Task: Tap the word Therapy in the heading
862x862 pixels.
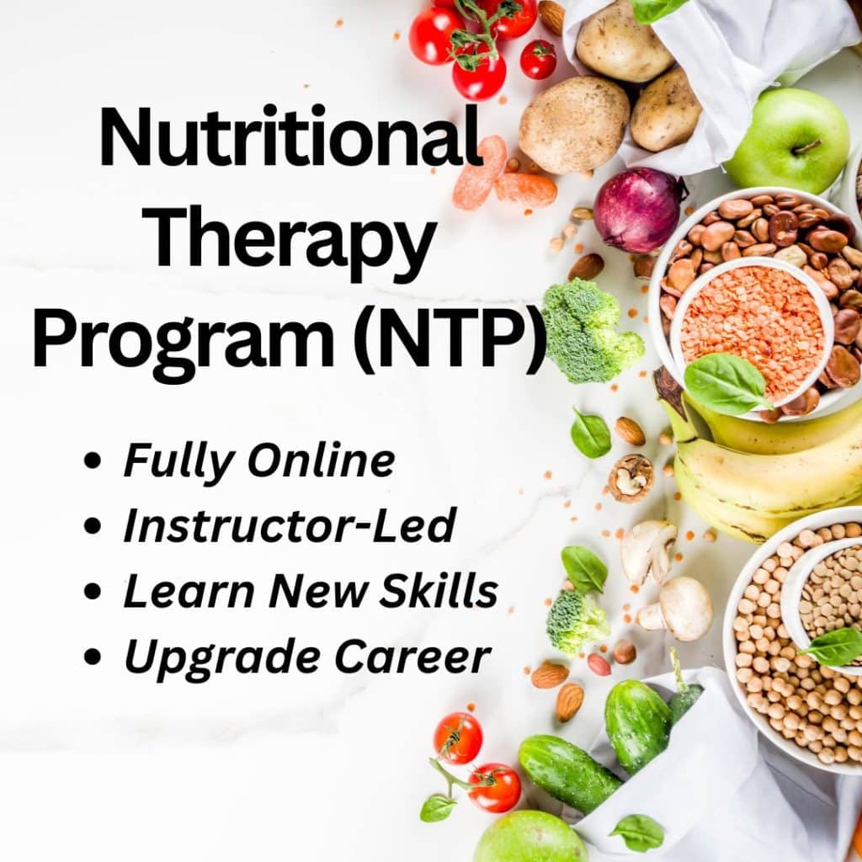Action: coord(290,236)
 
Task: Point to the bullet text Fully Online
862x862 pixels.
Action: coord(258,460)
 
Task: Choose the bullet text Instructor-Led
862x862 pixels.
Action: coord(290,526)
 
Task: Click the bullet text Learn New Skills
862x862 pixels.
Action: coord(311,592)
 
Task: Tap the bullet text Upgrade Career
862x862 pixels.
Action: coord(306,657)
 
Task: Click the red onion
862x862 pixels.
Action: coord(638,210)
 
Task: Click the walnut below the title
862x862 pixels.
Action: coord(631,477)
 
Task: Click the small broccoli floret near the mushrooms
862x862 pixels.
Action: coord(576,620)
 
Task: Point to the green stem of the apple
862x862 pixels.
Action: coord(806,147)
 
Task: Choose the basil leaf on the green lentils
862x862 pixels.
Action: coord(833,646)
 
